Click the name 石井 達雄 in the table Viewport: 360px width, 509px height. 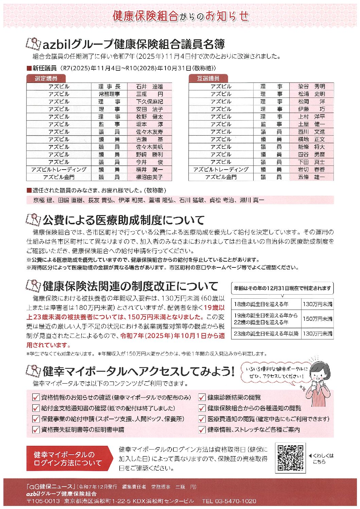pyautogui.click(x=150, y=87)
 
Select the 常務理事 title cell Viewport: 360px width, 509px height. pyautogui.click(x=109, y=94)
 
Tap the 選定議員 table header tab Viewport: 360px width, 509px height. pyautogui.click(x=46, y=78)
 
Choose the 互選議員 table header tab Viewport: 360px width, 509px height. pyautogui.click(x=208, y=78)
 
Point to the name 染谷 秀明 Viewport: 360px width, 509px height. pyautogui.click(x=311, y=87)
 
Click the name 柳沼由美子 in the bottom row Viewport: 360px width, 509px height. pyautogui.click(x=150, y=177)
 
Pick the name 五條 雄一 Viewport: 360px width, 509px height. pyautogui.click(x=311, y=177)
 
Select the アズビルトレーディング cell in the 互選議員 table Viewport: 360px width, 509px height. pyautogui.click(x=221, y=170)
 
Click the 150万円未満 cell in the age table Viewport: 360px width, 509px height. pyautogui.click(x=318, y=319)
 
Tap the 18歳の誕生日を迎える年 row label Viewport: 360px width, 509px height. pyautogui.click(x=261, y=304)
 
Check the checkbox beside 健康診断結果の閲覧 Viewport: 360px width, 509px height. pyautogui.click(x=202, y=397)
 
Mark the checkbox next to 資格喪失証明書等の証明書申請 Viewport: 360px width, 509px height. pyautogui.click(x=36, y=429)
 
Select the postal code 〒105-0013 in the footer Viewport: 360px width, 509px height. pyautogui.click(x=43, y=501)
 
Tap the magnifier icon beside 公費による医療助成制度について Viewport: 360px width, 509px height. pyautogui.click(x=33, y=220)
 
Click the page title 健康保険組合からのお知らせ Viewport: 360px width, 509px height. pyautogui.click(x=180, y=16)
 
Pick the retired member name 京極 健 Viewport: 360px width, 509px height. pyautogui.click(x=43, y=200)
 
